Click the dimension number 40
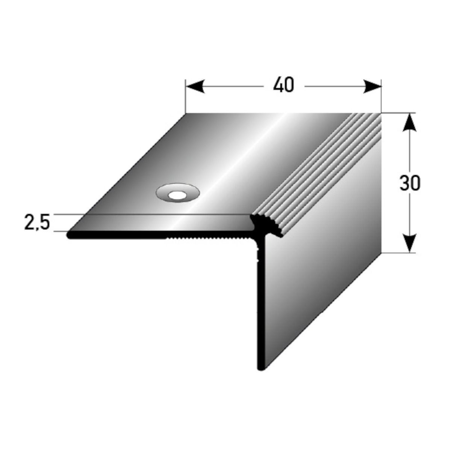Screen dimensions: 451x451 coord(283,86)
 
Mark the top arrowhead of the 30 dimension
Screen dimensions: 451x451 coord(410,123)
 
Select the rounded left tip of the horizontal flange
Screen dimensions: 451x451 coord(69,235)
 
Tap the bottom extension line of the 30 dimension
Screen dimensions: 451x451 coord(398,253)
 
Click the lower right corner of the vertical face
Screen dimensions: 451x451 coord(381,252)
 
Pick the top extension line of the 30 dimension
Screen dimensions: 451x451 coord(398,113)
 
